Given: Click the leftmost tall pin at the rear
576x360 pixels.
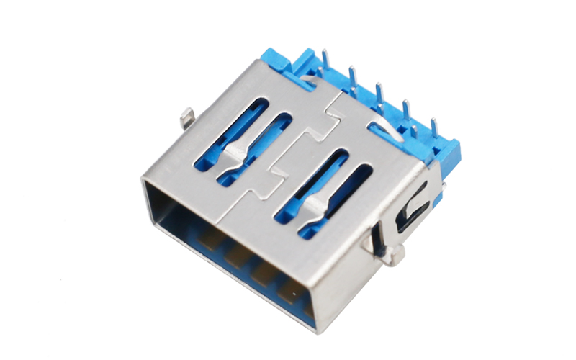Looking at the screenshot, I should tap(325, 58).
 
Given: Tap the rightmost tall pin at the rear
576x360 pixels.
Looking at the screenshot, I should tap(433, 127).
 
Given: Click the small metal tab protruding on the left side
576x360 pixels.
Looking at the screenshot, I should tap(186, 115).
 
